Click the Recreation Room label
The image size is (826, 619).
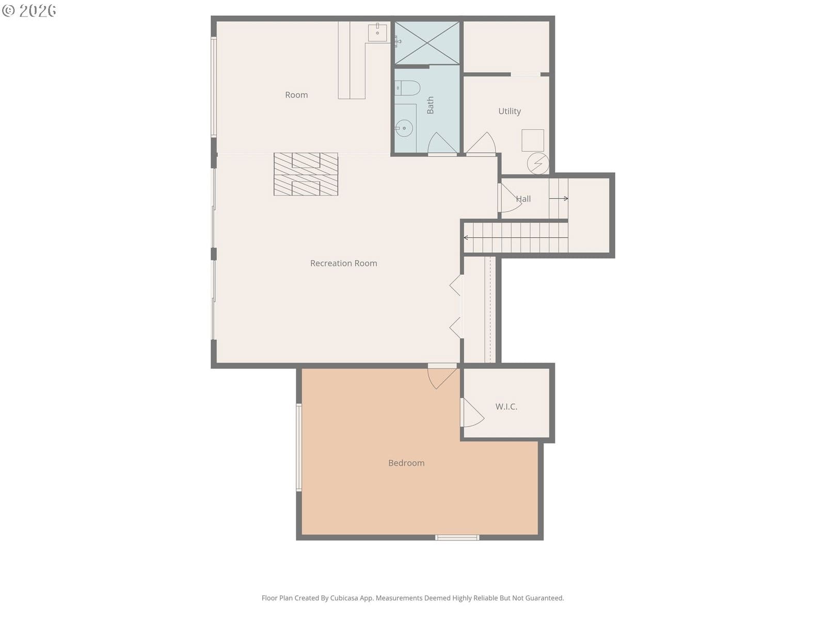click(x=343, y=263)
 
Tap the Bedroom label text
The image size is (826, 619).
click(x=406, y=463)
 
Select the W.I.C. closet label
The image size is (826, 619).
click(x=506, y=406)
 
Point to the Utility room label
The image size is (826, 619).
click(x=510, y=111)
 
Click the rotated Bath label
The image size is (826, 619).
click(x=430, y=105)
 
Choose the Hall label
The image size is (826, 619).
click(x=523, y=199)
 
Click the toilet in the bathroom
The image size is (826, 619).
click(x=407, y=88)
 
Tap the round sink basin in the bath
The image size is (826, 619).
click(x=404, y=128)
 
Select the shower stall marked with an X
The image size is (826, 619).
click(x=427, y=43)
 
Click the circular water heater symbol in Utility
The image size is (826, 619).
click(x=538, y=164)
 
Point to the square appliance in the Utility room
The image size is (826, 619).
click(x=532, y=140)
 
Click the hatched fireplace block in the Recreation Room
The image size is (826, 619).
click(x=306, y=174)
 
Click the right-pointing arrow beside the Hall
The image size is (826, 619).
click(x=559, y=199)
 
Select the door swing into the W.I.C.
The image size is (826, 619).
click(x=473, y=413)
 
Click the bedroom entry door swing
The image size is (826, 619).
click(x=442, y=378)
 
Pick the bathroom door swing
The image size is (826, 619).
click(x=442, y=143)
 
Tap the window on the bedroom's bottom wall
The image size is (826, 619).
click(x=457, y=537)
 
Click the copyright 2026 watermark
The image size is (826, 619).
click(x=29, y=10)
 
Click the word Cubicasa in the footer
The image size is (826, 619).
click(x=344, y=598)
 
